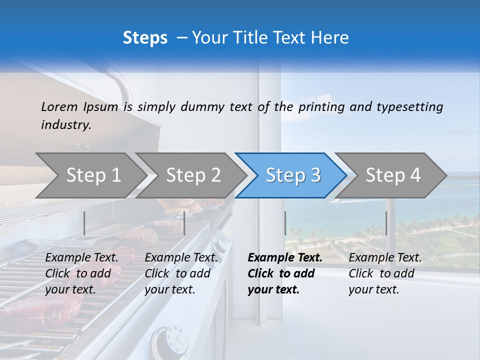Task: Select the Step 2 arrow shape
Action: pos(193,175)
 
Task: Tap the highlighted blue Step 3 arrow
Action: pos(293,175)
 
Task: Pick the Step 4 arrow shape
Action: pos(393,175)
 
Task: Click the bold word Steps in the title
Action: pos(145,37)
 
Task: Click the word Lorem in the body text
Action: pos(59,106)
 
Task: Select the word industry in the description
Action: pos(65,125)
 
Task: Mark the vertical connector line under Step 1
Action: pos(84,223)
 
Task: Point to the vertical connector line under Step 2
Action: pos(184,223)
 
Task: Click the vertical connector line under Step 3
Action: pos(285,223)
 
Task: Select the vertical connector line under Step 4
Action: pos(386,223)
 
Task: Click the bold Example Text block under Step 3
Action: pos(285,273)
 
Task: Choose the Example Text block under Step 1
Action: pos(82,273)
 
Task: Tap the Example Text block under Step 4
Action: pos(385,273)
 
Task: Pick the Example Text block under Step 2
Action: pos(181,273)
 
